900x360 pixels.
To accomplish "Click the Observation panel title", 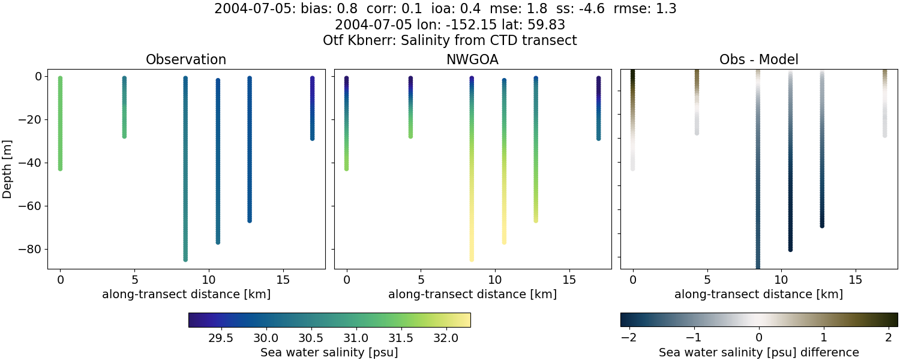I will pos(186,59).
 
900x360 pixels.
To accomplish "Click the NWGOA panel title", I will pos(472,59).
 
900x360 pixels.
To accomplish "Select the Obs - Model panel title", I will pos(758,59).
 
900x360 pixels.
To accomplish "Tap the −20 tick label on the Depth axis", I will pos(34,119).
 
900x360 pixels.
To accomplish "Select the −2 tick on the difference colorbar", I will pos(628,337).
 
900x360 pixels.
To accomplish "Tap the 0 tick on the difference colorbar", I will pos(759,337).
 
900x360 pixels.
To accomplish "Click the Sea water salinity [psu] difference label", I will pos(759,352).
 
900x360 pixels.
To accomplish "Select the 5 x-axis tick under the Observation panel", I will pos(134,280).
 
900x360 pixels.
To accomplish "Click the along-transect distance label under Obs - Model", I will pos(758,294).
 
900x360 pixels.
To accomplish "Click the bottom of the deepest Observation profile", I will pos(185,259).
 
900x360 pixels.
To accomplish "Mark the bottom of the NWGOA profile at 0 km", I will pos(346,169).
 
